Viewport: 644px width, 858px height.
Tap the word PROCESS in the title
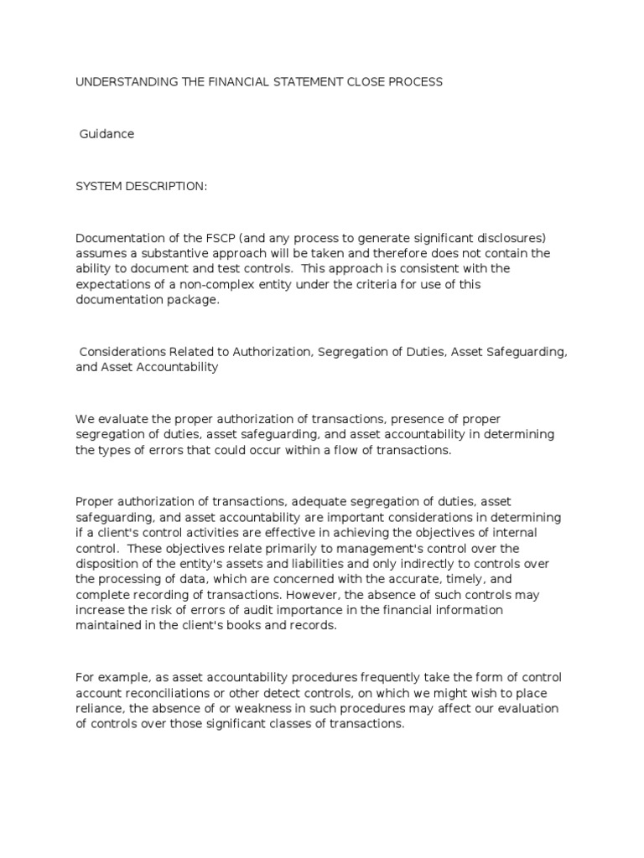412,82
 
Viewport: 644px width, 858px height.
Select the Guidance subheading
106,134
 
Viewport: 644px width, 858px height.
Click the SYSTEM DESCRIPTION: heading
141,186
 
